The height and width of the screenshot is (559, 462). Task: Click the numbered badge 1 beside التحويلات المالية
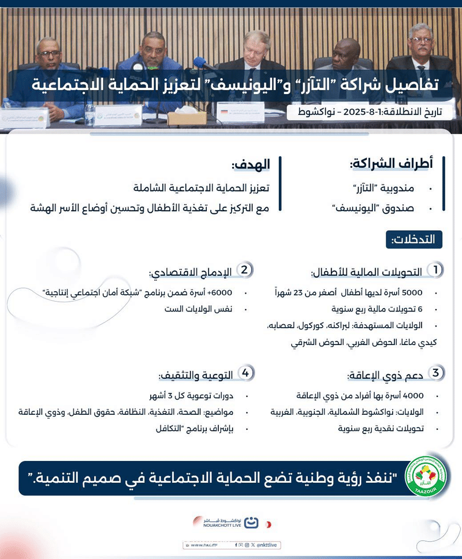pyautogui.click(x=435, y=269)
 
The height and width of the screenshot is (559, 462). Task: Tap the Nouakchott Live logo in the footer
pyautogui.click(x=231, y=524)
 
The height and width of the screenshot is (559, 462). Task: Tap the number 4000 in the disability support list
pyautogui.click(x=414, y=396)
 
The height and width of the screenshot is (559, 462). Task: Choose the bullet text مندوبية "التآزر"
pyautogui.click(x=393, y=189)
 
